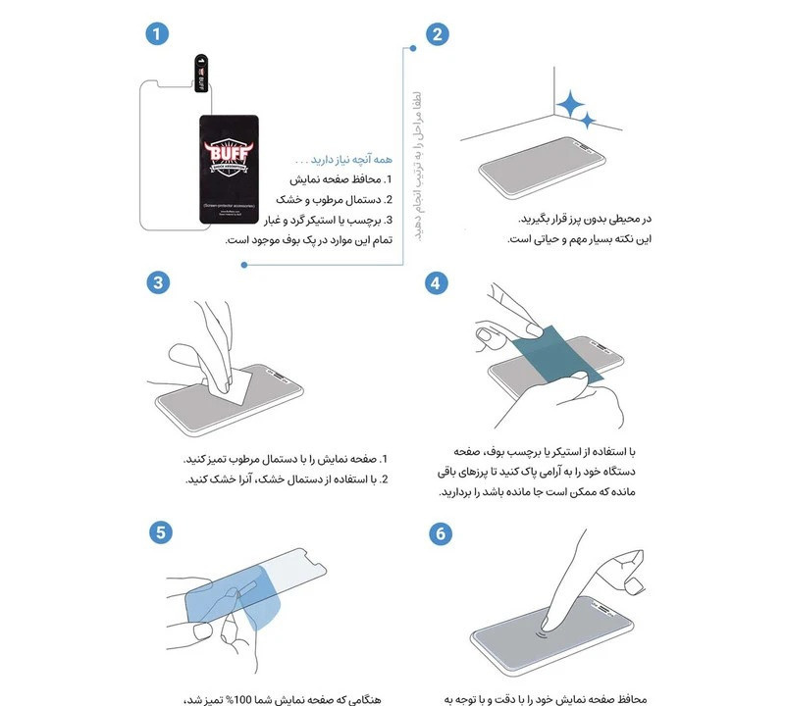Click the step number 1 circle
pos(152,33)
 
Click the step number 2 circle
pos(437,33)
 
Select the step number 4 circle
pos(437,283)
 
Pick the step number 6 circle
pos(437,532)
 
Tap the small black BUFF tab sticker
pos(201,78)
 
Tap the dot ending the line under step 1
pos(243,262)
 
